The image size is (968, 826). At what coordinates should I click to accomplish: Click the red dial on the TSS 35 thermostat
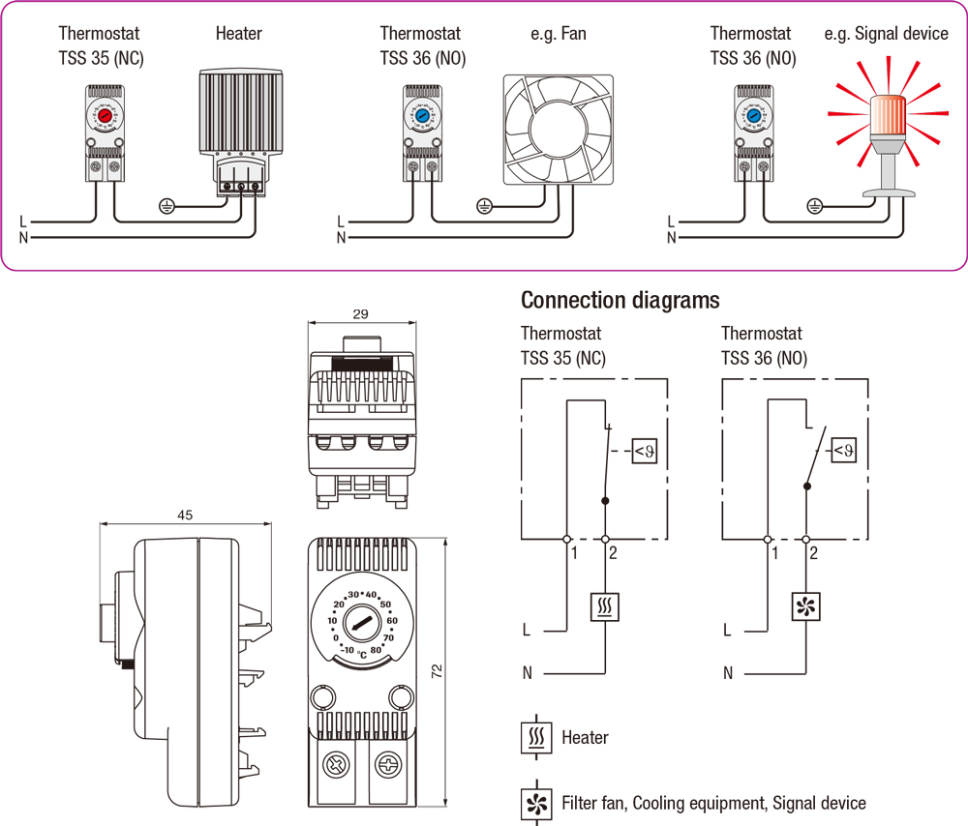pyautogui.click(x=105, y=115)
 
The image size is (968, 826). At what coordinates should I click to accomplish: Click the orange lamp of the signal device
pyautogui.click(x=888, y=114)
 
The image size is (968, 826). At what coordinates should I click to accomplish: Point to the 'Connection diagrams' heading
pyautogui.click(x=620, y=300)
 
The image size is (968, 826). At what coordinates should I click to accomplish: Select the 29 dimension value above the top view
pyautogui.click(x=360, y=314)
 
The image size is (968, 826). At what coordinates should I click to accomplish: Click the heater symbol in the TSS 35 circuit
pyautogui.click(x=605, y=606)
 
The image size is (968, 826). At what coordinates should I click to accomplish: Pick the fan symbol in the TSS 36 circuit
pyautogui.click(x=806, y=606)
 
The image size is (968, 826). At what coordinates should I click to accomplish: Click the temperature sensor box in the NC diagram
pyautogui.click(x=645, y=450)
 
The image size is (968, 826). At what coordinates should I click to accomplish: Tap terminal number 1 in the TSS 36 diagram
pyautogui.click(x=774, y=553)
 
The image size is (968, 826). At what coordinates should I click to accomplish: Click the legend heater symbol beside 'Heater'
pyautogui.click(x=535, y=737)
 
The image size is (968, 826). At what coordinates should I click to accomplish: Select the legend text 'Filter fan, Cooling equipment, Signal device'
pyautogui.click(x=713, y=803)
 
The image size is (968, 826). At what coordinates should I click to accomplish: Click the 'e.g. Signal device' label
pyautogui.click(x=886, y=34)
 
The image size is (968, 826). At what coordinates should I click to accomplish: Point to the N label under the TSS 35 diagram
pyautogui.click(x=527, y=672)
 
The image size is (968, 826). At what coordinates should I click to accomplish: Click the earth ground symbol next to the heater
pyautogui.click(x=166, y=205)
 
